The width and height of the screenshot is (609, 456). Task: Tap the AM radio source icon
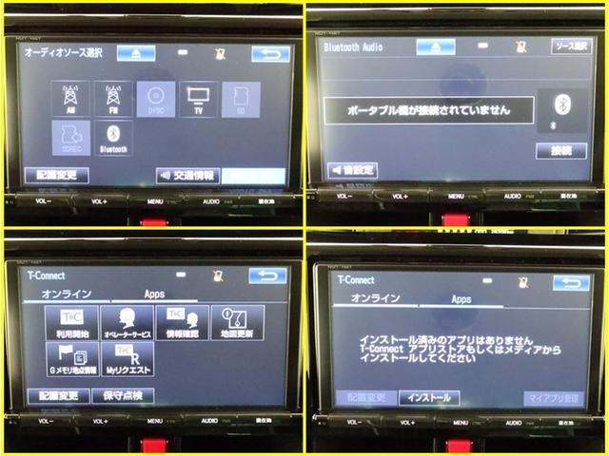(x=69, y=98)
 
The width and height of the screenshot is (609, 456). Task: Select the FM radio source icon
(x=112, y=98)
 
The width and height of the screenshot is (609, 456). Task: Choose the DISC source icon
(x=154, y=98)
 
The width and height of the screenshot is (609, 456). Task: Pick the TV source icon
(x=198, y=98)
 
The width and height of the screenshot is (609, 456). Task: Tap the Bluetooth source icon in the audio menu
(x=112, y=137)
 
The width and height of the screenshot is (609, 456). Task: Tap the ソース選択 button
(x=569, y=46)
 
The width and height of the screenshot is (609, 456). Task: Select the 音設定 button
(x=352, y=170)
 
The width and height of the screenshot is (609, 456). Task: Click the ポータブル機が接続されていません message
(x=427, y=110)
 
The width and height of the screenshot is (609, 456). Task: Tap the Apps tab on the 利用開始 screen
(x=154, y=294)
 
